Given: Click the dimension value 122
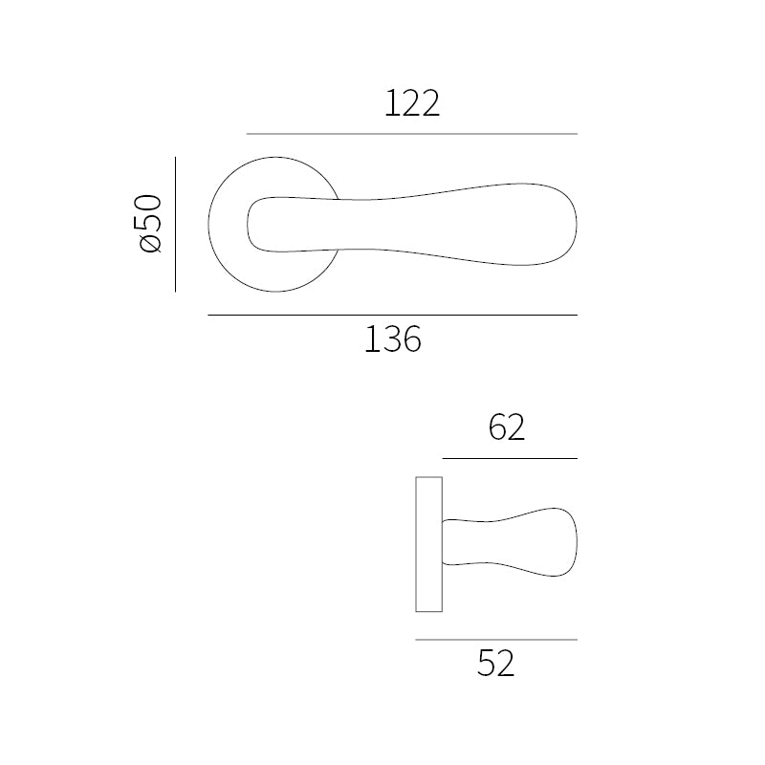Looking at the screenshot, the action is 412,103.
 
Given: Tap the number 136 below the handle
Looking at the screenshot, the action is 393,339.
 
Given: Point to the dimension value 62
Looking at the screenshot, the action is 507,427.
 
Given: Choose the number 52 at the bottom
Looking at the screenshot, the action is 495,663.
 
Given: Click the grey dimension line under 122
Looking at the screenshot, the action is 412,134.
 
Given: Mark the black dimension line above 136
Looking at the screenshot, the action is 393,316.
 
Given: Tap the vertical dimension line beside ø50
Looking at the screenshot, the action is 175,225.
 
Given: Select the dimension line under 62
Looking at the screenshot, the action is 510,459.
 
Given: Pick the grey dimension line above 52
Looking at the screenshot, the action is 496,640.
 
